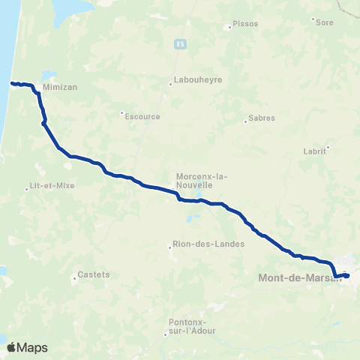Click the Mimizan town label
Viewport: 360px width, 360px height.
[x=61, y=87]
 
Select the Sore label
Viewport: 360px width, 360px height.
[x=324, y=22]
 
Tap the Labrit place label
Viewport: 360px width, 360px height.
[x=315, y=151]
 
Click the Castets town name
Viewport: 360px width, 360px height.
[x=94, y=274]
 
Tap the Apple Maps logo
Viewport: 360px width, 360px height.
[x=27, y=347]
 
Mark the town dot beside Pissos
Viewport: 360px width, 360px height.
[x=229, y=28]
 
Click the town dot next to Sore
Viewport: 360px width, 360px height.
[x=313, y=18]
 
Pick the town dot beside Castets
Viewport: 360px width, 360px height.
[x=74, y=279]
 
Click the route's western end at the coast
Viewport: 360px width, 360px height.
[x=12, y=82]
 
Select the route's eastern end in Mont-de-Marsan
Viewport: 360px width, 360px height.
[x=348, y=275]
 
